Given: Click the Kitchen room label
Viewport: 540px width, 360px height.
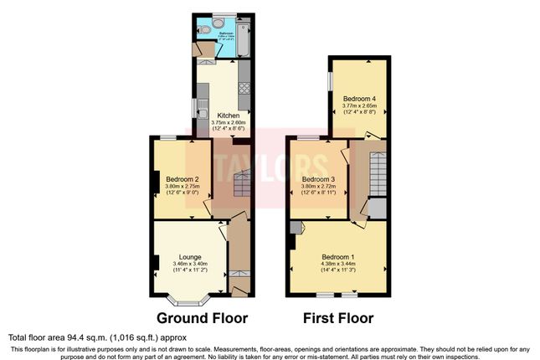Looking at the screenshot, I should [x=229, y=116].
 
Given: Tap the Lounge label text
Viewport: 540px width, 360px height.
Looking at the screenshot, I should [x=189, y=257].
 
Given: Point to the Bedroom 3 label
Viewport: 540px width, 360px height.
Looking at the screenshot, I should [x=318, y=179].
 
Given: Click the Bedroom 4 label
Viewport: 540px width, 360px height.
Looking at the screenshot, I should [x=359, y=99].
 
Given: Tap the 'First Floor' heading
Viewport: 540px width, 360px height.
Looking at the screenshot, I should [x=339, y=318].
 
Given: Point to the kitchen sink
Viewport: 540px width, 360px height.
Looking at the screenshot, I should [x=203, y=109].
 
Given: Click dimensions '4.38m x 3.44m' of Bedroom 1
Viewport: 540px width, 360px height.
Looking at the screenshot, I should [x=339, y=265].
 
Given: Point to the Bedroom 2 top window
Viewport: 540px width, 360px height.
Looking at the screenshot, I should [x=168, y=137].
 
